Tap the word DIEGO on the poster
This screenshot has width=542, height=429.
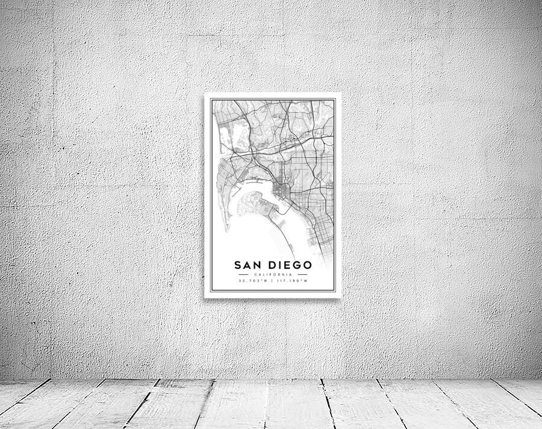[287, 265]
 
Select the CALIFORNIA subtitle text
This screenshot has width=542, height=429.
[272, 275]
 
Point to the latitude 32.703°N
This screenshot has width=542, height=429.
[252, 281]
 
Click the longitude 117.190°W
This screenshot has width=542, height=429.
[293, 281]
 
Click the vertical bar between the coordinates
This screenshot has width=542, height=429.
[272, 281]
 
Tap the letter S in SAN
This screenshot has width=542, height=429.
[238, 265]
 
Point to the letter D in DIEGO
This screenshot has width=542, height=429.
[267, 265]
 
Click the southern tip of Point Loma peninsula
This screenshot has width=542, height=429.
[227, 231]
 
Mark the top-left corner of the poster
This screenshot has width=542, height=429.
[205, 93]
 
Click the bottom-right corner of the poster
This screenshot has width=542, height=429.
[340, 297]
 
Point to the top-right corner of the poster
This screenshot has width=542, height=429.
[340, 93]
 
